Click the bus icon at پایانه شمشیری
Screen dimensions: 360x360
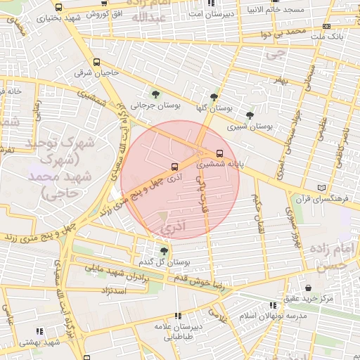pos(219,153)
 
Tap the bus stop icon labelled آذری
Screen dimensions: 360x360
pos(174,167)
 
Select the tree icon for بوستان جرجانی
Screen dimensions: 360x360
pos(155,94)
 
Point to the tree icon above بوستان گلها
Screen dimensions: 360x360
pos(214,98)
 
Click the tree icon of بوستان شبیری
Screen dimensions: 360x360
pos(250,116)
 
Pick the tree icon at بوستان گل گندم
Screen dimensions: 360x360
pos(164,250)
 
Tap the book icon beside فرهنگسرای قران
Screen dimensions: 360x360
pos(322,188)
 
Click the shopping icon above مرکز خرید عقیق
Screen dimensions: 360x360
pos(309,288)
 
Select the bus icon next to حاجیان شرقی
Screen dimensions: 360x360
pos(95,61)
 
